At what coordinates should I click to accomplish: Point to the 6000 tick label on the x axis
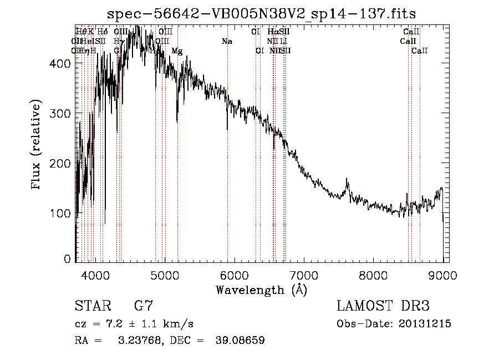(x=234, y=275)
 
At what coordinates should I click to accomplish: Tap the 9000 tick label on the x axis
(x=442, y=275)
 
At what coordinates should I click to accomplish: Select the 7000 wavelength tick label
(x=303, y=275)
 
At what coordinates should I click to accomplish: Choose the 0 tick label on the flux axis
(x=68, y=258)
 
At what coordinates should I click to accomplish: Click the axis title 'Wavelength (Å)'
(x=261, y=290)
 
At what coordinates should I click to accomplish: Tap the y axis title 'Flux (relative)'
(x=37, y=145)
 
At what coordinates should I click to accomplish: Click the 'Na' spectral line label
(x=227, y=42)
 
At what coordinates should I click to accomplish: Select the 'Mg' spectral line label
(x=177, y=51)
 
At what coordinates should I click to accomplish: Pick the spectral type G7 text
(x=144, y=306)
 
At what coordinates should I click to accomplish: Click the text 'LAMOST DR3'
(x=383, y=306)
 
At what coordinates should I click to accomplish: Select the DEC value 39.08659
(x=240, y=341)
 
